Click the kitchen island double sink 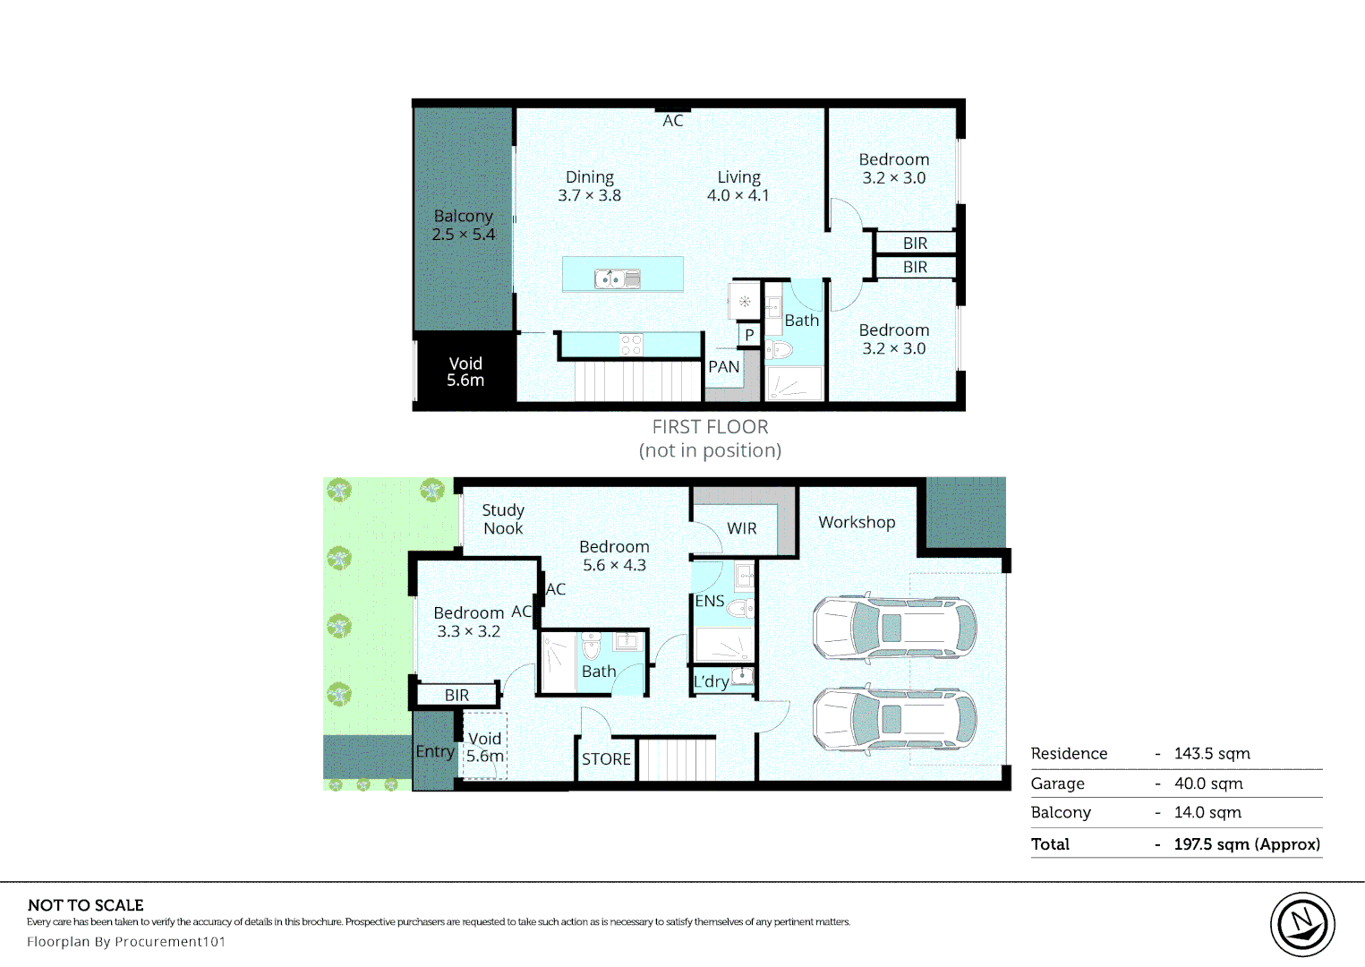pyautogui.click(x=618, y=279)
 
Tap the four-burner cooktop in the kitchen pyautogui.click(x=631, y=345)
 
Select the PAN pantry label pyautogui.click(x=724, y=367)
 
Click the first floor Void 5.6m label pyautogui.click(x=465, y=372)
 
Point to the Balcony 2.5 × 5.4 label pyautogui.click(x=464, y=225)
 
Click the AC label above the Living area pyautogui.click(x=673, y=121)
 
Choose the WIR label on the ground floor pyautogui.click(x=742, y=528)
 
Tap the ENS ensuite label pyautogui.click(x=710, y=601)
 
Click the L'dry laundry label pyautogui.click(x=711, y=681)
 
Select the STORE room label pyautogui.click(x=606, y=759)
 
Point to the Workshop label pyautogui.click(x=857, y=523)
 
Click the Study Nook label pyautogui.click(x=503, y=519)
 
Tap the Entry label pyautogui.click(x=435, y=752)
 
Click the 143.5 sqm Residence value pyautogui.click(x=1212, y=754)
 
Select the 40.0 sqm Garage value pyautogui.click(x=1208, y=783)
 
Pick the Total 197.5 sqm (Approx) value pyautogui.click(x=1247, y=844)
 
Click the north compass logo pyautogui.click(x=1302, y=925)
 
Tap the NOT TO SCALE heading pyautogui.click(x=86, y=905)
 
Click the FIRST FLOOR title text pyautogui.click(x=710, y=427)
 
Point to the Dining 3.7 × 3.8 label pyautogui.click(x=589, y=186)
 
